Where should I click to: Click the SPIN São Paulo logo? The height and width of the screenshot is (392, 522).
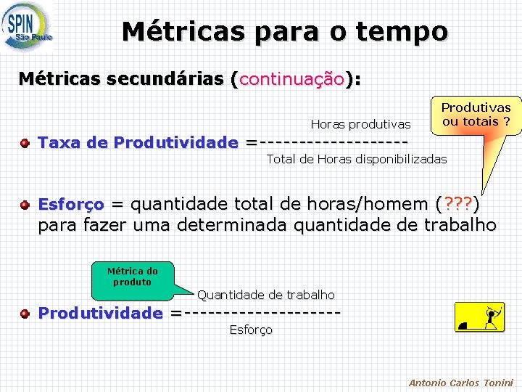point(28,27)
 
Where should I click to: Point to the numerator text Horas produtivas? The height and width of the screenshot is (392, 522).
point(360,125)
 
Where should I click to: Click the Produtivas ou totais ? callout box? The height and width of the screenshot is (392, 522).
point(476,115)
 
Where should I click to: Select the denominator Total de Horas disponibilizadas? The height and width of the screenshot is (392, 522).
point(357,159)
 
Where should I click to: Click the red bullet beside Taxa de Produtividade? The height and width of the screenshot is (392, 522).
point(25,142)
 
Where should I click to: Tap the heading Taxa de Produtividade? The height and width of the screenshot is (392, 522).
point(138,142)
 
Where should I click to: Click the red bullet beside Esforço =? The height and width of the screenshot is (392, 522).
point(25,205)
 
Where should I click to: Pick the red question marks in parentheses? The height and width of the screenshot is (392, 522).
point(457,205)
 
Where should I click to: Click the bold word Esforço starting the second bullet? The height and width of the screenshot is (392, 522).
point(70,205)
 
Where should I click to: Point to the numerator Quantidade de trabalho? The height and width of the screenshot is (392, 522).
point(266,295)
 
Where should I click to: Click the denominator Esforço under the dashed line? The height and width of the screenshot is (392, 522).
point(251,330)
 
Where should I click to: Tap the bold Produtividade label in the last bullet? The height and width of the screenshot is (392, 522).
point(100,314)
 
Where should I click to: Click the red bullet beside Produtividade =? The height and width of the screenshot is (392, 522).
point(25,314)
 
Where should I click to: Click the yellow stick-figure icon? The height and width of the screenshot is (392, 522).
point(478,317)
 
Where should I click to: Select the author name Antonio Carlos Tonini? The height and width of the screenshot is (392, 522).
point(460,383)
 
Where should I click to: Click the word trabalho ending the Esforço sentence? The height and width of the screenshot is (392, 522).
point(453,225)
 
